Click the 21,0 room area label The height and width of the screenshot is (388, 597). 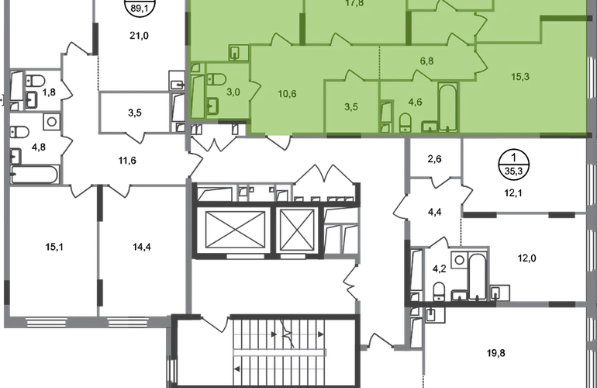coord(139,36)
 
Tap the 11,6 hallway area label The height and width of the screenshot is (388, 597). coord(127,161)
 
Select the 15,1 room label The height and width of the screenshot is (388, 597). coord(54,247)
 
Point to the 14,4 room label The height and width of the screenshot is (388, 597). coord(142,247)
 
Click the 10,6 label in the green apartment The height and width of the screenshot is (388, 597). coord(287,94)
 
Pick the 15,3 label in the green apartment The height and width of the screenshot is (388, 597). coord(520,77)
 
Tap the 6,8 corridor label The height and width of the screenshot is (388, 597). coord(426,61)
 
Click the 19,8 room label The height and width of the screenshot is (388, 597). coord(496,353)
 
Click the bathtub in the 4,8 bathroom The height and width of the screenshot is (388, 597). coord(34,175)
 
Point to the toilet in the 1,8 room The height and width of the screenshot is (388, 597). coord(35,81)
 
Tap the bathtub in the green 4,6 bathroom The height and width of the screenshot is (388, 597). coord(448,108)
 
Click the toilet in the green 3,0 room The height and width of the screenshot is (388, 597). coord(216,79)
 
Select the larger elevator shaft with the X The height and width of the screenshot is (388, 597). coord(235,230)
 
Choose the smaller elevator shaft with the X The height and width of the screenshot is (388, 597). coord(297,230)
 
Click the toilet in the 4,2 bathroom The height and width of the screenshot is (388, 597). coord(439,291)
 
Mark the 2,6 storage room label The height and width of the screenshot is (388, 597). coord(434,159)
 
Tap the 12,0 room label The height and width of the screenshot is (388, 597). coord(527,258)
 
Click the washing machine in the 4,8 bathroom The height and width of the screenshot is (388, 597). coord(52,122)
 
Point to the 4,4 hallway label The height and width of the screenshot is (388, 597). coord(434,212)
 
